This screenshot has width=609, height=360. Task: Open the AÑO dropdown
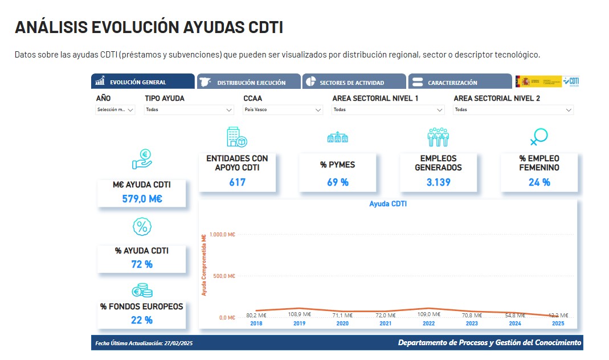click(115, 109)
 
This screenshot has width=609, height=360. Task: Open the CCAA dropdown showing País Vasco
click(283, 109)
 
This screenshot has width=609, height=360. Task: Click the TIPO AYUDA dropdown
click(189, 109)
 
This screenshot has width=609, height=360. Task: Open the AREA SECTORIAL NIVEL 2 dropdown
click(513, 109)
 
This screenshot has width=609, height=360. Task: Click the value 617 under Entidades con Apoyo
click(237, 182)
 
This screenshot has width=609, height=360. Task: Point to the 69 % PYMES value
click(337, 182)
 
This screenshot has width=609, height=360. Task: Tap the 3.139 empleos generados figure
click(438, 182)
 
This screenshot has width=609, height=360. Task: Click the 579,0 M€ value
click(142, 199)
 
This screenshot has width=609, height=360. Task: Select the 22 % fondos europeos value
click(141, 320)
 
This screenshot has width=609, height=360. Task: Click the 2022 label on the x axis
click(428, 324)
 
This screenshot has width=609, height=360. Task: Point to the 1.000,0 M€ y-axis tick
click(223, 234)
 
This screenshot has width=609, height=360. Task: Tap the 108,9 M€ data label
click(299, 314)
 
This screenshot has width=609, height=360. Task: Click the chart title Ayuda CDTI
click(388, 203)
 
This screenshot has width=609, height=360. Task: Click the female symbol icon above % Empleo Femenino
click(538, 137)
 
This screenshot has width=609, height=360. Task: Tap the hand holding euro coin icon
click(142, 159)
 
